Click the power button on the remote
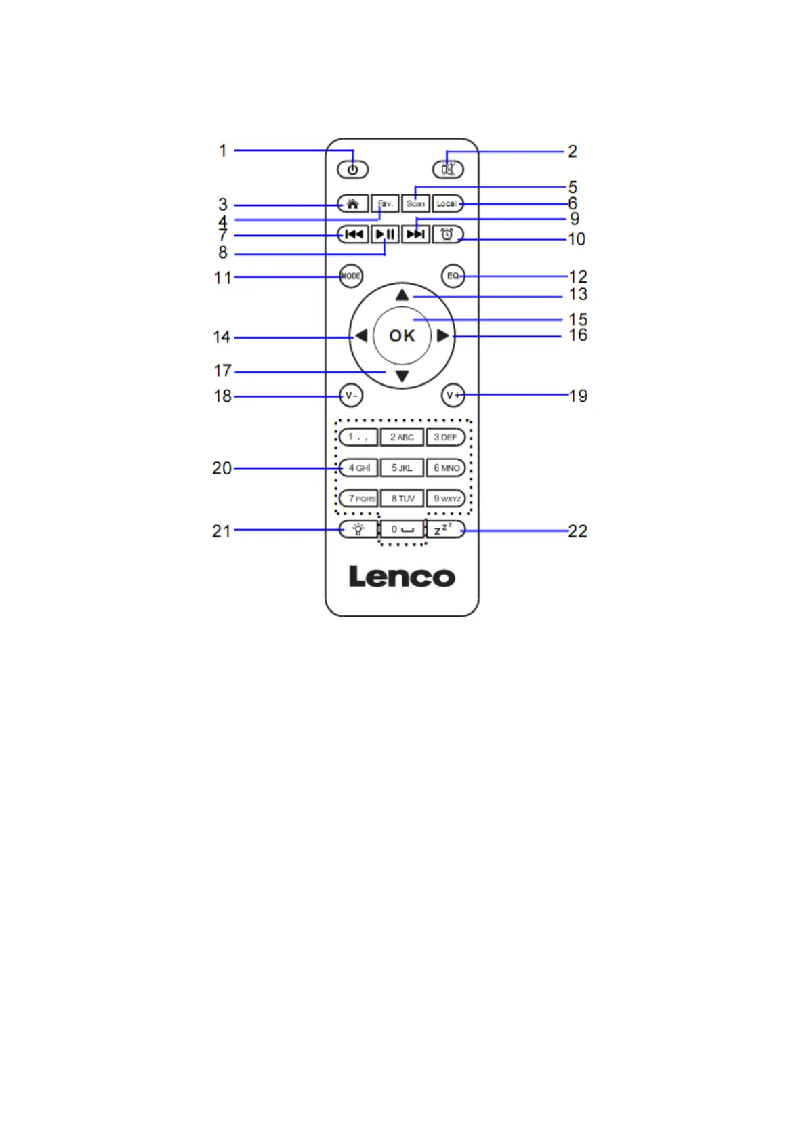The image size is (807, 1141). (352, 169)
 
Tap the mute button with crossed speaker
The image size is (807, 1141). (448, 169)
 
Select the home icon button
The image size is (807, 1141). (352, 203)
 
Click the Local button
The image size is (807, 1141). (447, 203)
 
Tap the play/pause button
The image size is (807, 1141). (385, 234)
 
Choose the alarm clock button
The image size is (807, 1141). (447, 234)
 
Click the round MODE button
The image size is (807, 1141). (350, 276)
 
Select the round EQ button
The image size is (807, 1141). (453, 276)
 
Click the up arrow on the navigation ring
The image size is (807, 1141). (402, 295)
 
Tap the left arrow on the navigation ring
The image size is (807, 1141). (361, 335)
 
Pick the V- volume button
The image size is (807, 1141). (350, 396)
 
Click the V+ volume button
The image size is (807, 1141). (453, 396)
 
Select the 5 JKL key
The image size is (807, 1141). (402, 468)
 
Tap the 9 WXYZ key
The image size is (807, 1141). (447, 499)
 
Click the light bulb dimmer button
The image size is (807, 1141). (358, 529)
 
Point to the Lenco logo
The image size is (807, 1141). (402, 577)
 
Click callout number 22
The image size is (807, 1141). (577, 531)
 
